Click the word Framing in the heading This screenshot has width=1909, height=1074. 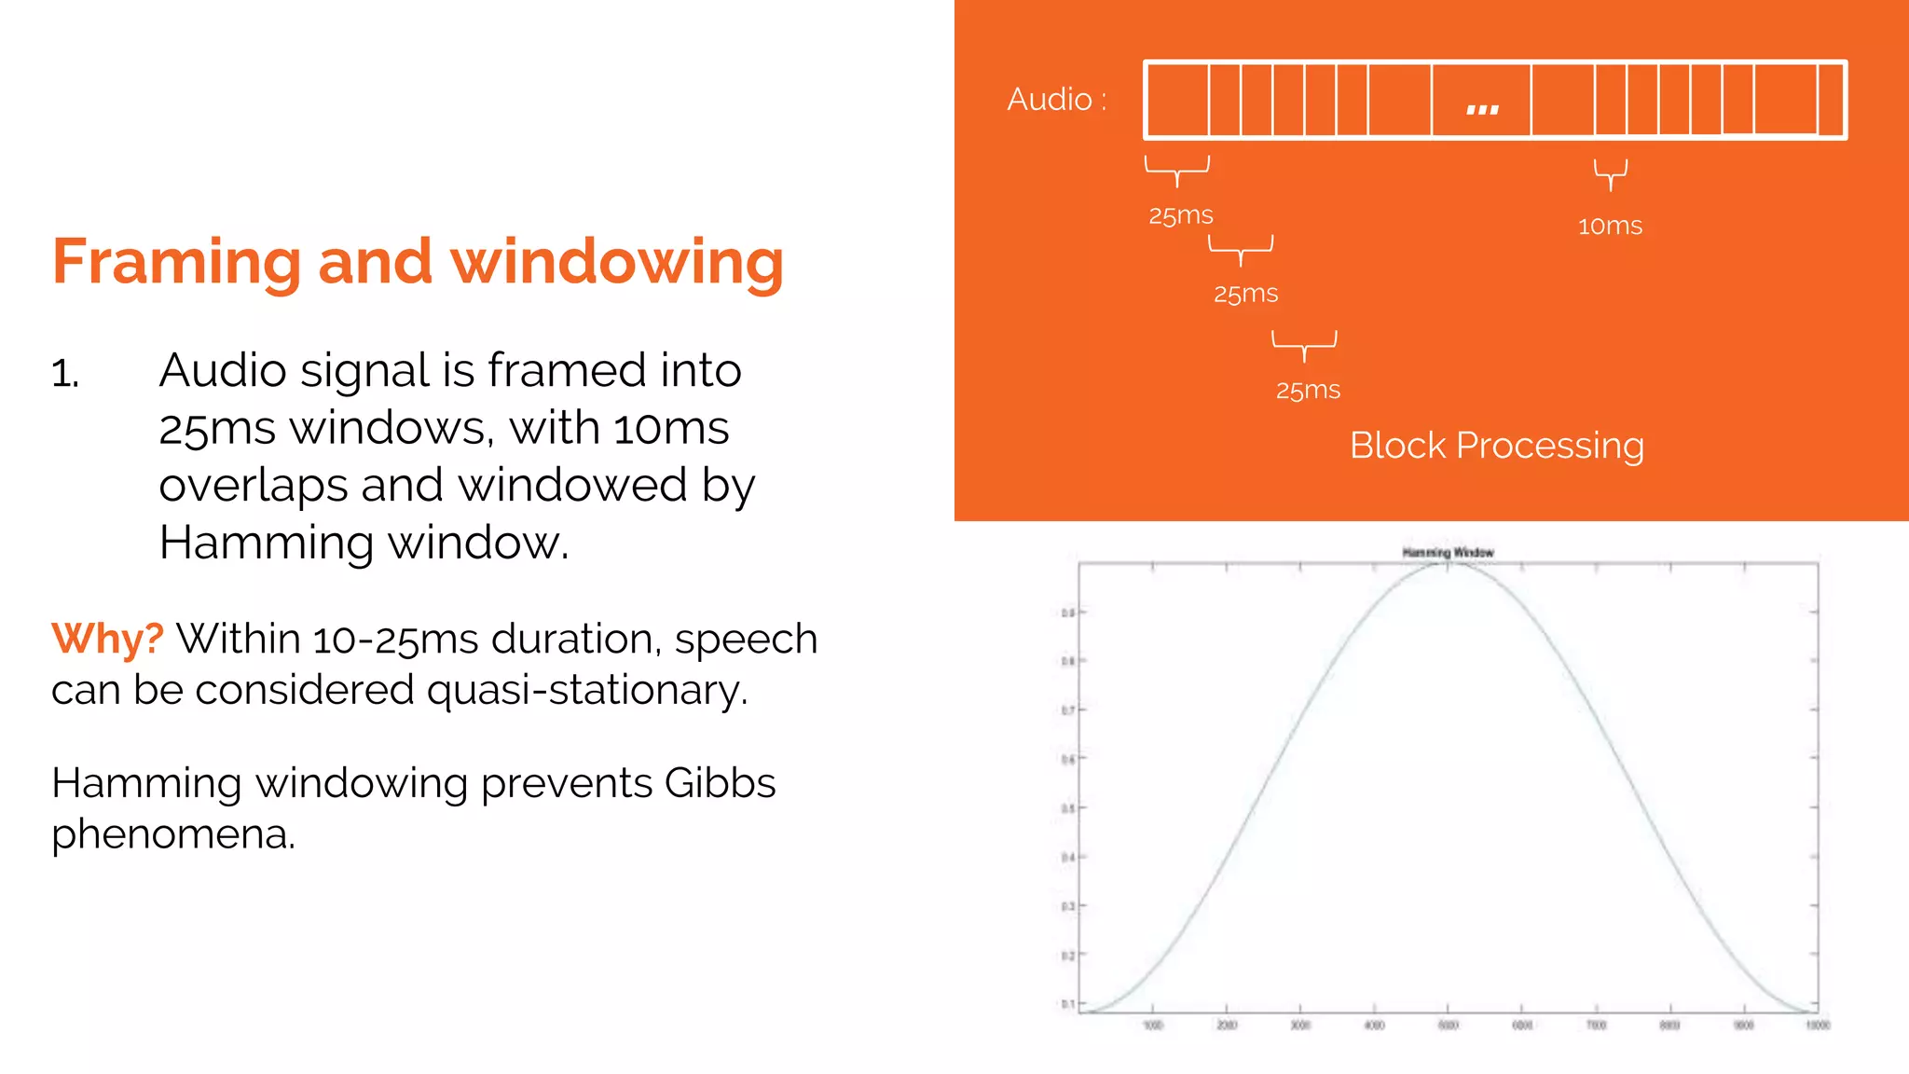click(x=176, y=262)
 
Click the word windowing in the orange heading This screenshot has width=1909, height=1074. click(x=617, y=262)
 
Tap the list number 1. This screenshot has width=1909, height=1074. click(x=64, y=374)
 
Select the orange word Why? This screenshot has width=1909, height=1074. click(x=107, y=640)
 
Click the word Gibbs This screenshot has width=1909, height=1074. click(x=720, y=783)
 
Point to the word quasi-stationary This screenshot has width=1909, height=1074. click(x=586, y=691)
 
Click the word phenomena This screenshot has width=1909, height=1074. click(x=172, y=833)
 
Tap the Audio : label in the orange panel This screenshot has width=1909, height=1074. click(x=1056, y=100)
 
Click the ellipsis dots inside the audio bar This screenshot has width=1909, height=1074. click(x=1482, y=109)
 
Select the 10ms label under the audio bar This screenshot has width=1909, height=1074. click(x=1610, y=227)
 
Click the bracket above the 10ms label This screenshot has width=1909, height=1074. click(x=1610, y=172)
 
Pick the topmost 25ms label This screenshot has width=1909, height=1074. click(x=1180, y=216)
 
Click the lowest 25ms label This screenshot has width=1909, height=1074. click(x=1308, y=391)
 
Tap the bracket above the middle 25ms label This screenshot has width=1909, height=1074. click(x=1241, y=249)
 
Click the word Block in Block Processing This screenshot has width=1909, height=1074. click(x=1397, y=446)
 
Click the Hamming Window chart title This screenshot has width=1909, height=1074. click(x=1448, y=553)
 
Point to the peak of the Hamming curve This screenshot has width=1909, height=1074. click(x=1448, y=565)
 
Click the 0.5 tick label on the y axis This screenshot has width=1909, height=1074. click(x=1067, y=807)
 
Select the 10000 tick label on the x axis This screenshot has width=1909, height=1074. click(x=1818, y=1026)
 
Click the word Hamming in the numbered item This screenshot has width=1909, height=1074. click(x=267, y=544)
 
